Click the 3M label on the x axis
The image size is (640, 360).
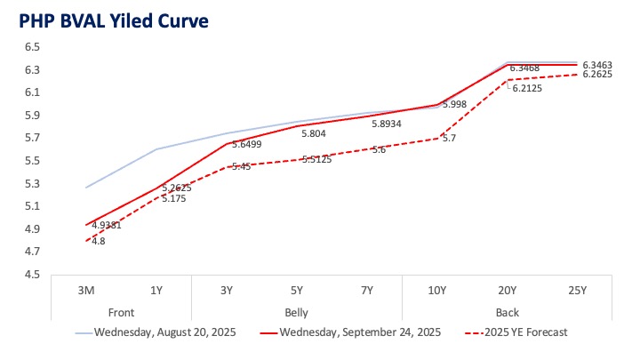coord(85,291)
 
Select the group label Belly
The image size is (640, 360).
coord(297,312)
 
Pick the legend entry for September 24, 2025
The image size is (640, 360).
coord(359,333)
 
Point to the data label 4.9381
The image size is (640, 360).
coord(106,226)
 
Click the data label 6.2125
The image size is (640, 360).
coord(526,88)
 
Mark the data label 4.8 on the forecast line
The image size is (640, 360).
coord(98,241)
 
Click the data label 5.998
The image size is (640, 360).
coord(456,104)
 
